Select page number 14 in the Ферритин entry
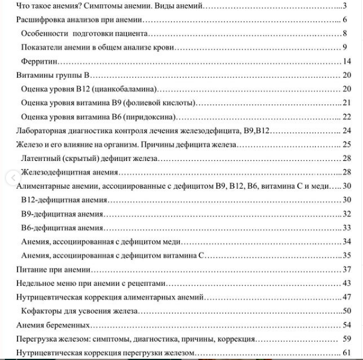(346, 62)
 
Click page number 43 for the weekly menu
(346, 283)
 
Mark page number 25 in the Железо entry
(346, 144)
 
